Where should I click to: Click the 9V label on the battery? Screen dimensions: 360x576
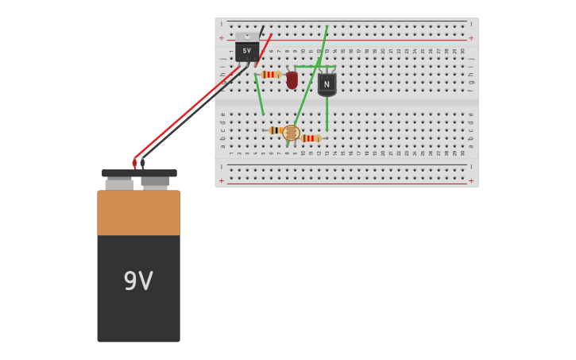point(138,281)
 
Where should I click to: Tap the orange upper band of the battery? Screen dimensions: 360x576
point(138,212)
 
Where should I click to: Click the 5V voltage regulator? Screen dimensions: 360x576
point(246,51)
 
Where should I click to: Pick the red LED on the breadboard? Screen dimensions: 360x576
point(292,79)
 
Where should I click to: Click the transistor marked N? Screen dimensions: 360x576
point(327,83)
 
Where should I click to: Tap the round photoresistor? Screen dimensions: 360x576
point(292,133)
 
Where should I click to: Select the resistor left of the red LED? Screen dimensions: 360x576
point(270,74)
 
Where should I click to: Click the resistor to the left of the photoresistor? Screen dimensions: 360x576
point(275,130)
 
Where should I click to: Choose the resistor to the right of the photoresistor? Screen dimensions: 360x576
point(311,138)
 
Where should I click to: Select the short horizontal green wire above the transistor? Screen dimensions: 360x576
point(314,67)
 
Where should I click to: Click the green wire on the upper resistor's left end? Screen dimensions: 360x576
point(259,95)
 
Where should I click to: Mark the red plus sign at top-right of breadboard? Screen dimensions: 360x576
point(471,38)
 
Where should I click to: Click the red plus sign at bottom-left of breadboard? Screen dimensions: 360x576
point(222,180)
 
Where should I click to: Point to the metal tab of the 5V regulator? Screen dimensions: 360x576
point(247,36)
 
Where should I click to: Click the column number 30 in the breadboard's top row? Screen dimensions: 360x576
point(462,51)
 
